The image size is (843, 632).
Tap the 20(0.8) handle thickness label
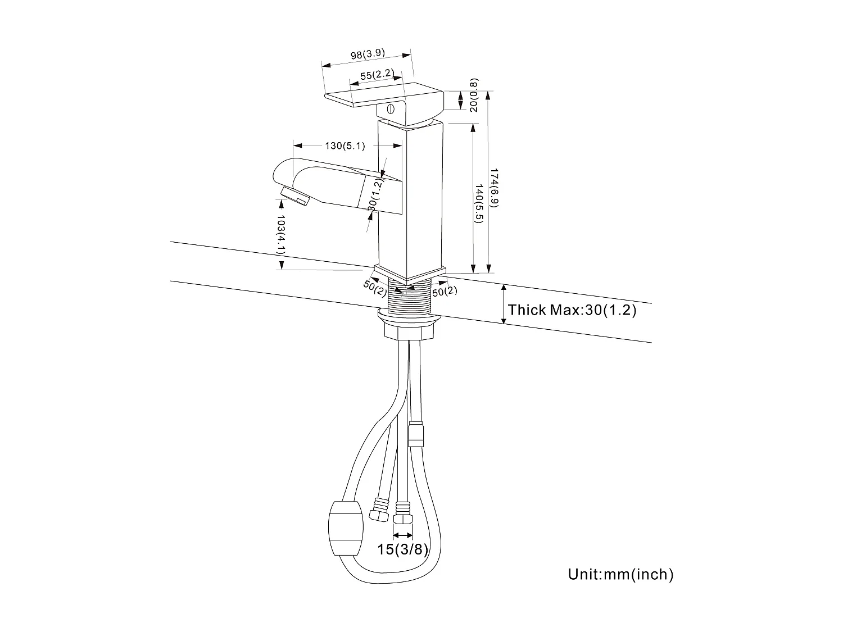point(474,94)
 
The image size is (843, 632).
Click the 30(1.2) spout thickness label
point(375,194)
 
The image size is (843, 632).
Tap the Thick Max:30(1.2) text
point(572,310)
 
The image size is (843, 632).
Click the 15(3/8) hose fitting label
point(402,549)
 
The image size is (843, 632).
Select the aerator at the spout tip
point(294,197)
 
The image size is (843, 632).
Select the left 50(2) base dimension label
point(375,286)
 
